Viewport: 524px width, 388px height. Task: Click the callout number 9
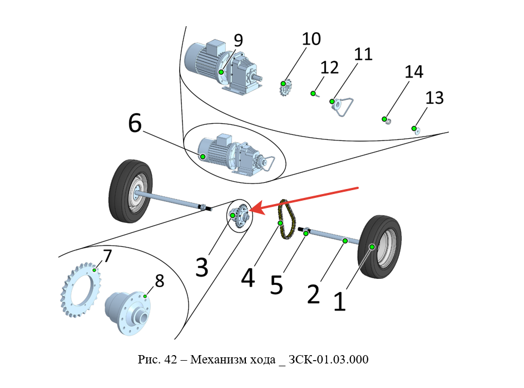pos(238,40)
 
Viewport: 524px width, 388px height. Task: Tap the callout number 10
pos(312,39)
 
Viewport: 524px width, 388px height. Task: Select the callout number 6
pos(135,123)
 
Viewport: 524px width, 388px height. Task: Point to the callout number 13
pos(434,98)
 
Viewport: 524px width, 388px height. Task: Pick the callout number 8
pos(160,281)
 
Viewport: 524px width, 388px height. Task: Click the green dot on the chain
pos(281,223)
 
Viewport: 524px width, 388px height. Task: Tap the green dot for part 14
pos(384,119)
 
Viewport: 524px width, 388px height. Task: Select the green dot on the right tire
pos(372,246)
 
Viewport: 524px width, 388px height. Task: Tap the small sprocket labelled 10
pos(285,88)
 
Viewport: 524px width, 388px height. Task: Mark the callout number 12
pos(329,67)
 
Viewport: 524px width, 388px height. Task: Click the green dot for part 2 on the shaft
pos(345,241)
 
